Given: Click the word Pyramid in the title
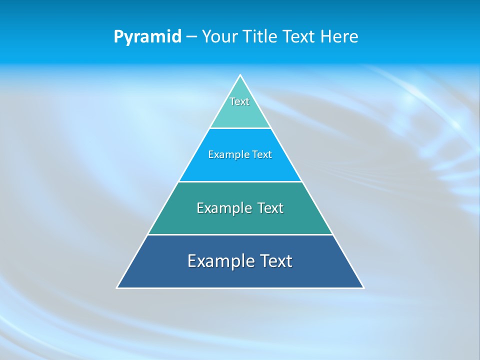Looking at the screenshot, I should coord(147,37).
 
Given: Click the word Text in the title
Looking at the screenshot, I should coord(298,36).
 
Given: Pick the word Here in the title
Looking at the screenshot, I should coord(339,36).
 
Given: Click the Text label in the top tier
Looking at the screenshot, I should coord(239,101).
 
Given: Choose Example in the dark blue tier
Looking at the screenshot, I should coord(220,261).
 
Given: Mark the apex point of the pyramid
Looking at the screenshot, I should coord(240,75).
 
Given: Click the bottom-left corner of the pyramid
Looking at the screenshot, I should coord(117,287).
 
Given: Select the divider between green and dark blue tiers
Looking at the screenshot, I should coord(240,234).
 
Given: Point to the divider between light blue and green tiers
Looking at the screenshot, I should coord(240,181).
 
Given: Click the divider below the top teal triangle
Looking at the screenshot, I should coord(240,128).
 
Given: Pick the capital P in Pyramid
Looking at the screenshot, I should coord(118,36).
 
